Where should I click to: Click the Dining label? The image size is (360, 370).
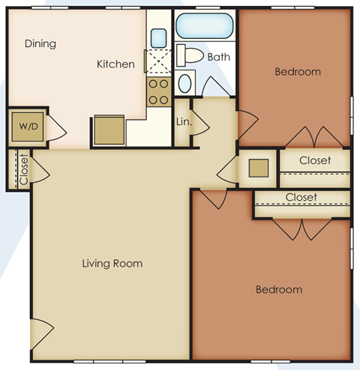pos(40,43)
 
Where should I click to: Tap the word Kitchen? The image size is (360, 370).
pos(115,64)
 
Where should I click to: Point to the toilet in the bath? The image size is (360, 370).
pos(191,55)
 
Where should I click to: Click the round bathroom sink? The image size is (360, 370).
pos(186,82)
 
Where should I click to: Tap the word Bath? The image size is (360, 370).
pos(219,57)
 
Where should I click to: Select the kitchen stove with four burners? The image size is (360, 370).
pos(157,92)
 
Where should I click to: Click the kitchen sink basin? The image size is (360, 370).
pos(157,37)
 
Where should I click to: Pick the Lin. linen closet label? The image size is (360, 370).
pos(183,121)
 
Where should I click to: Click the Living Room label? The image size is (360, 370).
pos(112,264)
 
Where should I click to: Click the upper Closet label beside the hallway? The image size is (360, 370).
pos(315,160)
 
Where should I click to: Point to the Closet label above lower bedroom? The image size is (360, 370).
pos(301,197)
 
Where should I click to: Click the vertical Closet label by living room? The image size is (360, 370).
pos(23,169)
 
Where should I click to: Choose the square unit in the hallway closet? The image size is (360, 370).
pos(258,166)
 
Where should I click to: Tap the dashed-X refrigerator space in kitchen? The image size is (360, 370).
pos(157,63)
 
